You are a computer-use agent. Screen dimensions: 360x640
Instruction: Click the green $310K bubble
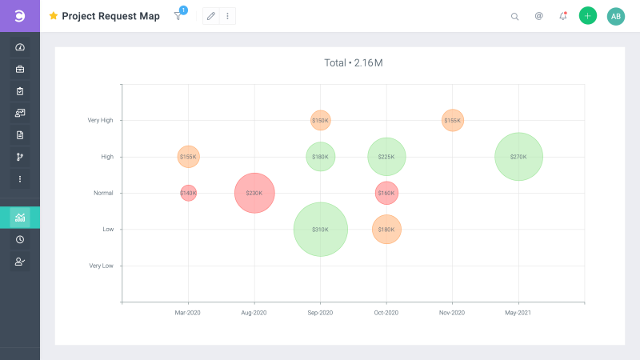[320, 230]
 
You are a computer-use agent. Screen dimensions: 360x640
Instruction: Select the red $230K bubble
[254, 193]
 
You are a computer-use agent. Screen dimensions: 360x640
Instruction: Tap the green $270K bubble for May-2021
[518, 157]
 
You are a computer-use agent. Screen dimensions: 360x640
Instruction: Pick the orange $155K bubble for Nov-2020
[452, 121]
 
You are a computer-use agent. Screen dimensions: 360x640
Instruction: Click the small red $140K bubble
[188, 193]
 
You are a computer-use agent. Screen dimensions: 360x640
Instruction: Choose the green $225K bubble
[386, 157]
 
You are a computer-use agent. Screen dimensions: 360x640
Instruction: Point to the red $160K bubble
[386, 193]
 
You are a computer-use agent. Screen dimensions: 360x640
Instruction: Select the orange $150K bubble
[320, 121]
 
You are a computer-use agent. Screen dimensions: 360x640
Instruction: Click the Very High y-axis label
[100, 121]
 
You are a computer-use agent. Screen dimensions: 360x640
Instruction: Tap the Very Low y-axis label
[101, 266]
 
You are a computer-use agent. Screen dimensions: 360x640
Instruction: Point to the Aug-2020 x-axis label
[254, 313]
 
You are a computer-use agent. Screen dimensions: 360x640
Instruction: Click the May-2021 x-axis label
[518, 313]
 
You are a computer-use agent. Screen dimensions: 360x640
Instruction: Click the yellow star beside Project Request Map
[54, 16]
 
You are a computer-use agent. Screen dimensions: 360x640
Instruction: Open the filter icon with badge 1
[178, 16]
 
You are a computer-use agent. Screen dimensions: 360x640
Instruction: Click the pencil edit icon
[211, 16]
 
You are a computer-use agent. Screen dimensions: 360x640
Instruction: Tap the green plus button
[588, 16]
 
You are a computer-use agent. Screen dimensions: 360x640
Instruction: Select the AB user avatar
[616, 16]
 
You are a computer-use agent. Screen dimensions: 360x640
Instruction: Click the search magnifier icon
[514, 16]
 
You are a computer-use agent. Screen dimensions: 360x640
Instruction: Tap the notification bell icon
[562, 16]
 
